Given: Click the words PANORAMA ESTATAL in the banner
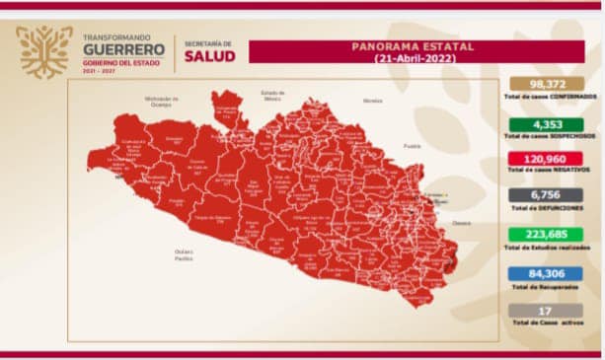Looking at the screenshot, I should coord(413,46).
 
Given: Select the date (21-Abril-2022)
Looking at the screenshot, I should coord(413,58).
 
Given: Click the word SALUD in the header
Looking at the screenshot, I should coord(209,57).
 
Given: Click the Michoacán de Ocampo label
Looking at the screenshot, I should coord(160,101).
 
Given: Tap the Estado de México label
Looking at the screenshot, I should coord(272,95).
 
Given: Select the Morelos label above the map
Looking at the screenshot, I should coord(371,101).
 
